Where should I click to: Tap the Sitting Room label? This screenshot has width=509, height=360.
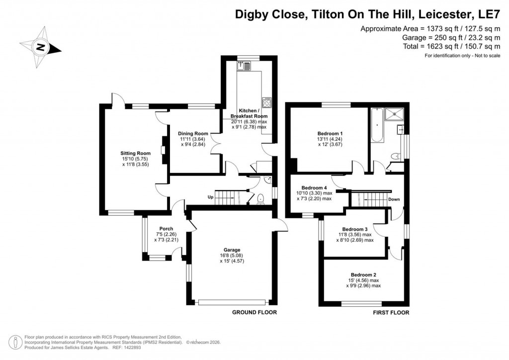coord(135,153)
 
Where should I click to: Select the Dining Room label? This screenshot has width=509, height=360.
coord(193,134)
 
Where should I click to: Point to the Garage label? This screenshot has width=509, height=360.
coord(232,250)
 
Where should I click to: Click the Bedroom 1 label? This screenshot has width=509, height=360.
coord(330,133)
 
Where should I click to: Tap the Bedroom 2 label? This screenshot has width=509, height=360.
coord(363,274)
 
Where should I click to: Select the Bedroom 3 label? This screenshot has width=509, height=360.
coord(354,229)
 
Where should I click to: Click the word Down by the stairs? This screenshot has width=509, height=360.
coord(394,199)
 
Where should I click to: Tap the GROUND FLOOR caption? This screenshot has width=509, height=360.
coord(254,312)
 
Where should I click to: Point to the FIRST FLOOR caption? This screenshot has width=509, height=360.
coord(391,313)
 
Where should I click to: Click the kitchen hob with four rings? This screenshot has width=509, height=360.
coord(267,103)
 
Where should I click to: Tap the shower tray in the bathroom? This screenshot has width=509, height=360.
coord(396,114)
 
